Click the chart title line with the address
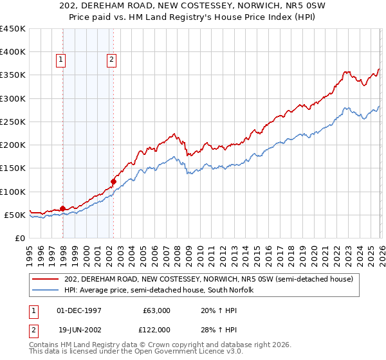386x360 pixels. (193, 6)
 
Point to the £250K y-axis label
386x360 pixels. (13, 122)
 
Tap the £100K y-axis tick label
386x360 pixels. (13, 192)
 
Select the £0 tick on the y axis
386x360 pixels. (19, 238)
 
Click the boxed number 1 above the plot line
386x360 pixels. (60, 60)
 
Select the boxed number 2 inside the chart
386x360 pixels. (111, 60)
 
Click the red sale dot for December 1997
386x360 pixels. (62, 208)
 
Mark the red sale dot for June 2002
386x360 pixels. (114, 181)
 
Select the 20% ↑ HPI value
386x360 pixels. (215, 310)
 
